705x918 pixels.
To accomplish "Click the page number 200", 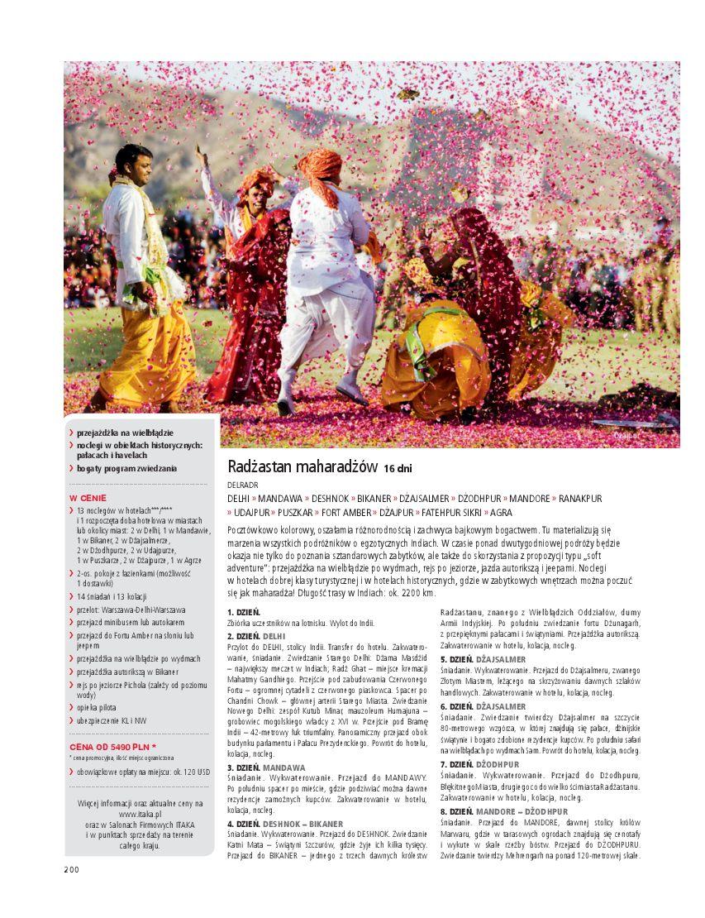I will (x=72, y=868).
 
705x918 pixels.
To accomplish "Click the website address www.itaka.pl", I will (x=139, y=814).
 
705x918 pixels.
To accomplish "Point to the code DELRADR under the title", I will (x=242, y=485).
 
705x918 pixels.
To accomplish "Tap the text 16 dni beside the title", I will (x=398, y=469).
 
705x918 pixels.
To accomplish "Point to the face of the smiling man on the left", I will (x=136, y=169).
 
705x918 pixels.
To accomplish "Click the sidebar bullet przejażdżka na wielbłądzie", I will (x=125, y=433).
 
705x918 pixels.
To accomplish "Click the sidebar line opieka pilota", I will (x=102, y=709).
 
